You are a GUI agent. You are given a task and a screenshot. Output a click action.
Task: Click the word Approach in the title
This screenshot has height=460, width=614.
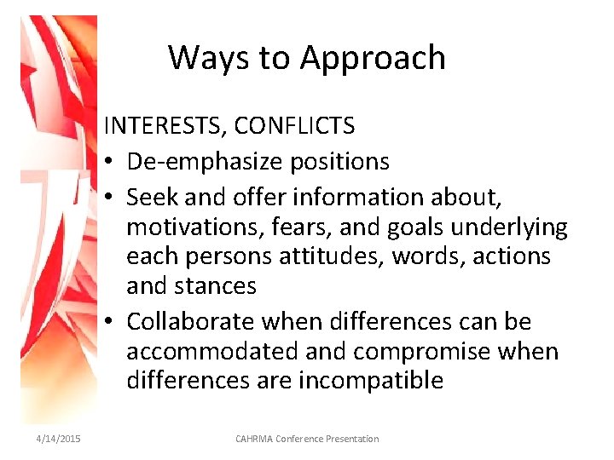373,58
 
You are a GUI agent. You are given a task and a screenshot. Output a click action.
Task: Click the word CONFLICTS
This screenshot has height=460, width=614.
294,126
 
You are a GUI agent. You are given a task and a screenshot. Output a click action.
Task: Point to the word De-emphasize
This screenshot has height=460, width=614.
197,161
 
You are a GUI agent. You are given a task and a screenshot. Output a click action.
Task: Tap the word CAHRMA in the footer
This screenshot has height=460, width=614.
255,439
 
